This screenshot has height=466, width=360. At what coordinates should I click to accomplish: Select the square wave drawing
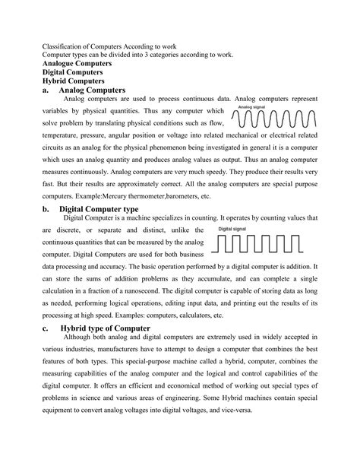261,243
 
